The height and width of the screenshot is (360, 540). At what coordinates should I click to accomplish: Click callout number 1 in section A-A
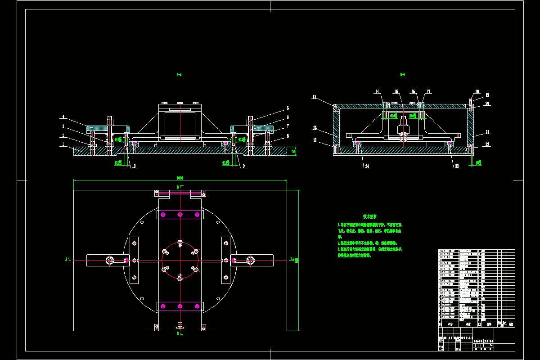click(63, 144)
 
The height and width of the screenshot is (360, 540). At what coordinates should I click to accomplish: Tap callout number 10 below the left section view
click(134, 166)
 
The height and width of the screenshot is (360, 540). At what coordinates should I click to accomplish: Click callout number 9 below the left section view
click(243, 166)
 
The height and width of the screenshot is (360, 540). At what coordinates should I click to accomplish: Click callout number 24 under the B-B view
click(367, 166)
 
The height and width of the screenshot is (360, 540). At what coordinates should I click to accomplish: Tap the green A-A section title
click(179, 75)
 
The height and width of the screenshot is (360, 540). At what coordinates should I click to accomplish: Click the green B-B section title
click(403, 75)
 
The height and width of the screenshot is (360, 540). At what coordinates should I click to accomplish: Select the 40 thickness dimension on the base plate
click(293, 152)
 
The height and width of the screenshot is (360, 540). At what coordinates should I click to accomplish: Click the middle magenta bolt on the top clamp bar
click(180, 214)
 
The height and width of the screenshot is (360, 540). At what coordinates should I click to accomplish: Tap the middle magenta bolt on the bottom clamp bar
click(180, 306)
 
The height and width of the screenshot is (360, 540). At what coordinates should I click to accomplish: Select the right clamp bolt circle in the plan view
click(250, 260)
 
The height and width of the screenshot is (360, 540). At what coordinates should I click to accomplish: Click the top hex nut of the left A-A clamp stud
click(110, 120)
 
